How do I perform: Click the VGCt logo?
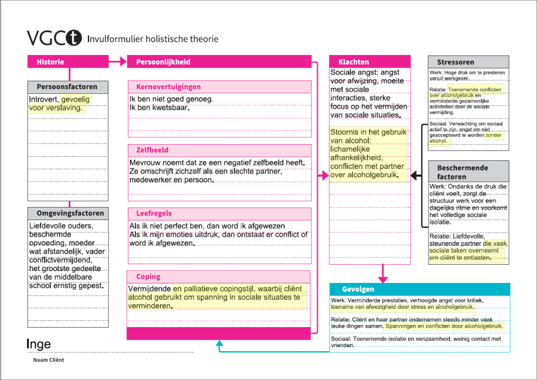pyautogui.click(x=55, y=38)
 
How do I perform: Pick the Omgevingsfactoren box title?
pyautogui.click(x=70, y=213)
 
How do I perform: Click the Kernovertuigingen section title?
pyautogui.click(x=168, y=87)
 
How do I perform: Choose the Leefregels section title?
pyautogui.click(x=154, y=214)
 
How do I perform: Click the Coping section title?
pyautogui.click(x=148, y=277)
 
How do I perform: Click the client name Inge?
pyautogui.click(x=39, y=344)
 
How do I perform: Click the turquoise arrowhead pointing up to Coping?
pyautogui.click(x=220, y=344)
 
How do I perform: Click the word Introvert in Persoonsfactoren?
pyautogui.click(x=43, y=100)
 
